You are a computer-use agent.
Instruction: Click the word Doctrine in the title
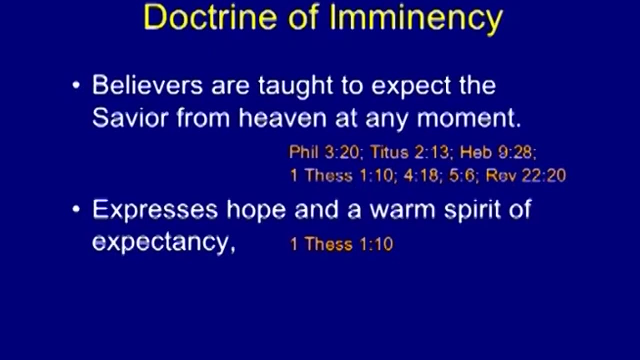tap(211, 17)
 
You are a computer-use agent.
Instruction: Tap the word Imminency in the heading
tap(416, 20)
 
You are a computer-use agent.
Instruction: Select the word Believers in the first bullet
tap(147, 85)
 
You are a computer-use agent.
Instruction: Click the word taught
tap(296, 86)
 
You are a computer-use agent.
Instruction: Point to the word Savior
tap(130, 117)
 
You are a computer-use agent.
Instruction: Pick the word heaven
tap(283, 117)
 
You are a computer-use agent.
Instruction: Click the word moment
tap(469, 118)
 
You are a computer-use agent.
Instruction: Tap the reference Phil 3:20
tap(324, 152)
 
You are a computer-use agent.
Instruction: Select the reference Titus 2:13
tap(409, 152)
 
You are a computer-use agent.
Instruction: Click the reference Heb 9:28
tap(496, 152)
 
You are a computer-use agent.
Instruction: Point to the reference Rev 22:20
tap(526, 175)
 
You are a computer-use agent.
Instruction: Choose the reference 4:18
tap(421, 175)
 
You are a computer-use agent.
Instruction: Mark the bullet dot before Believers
tap(76, 85)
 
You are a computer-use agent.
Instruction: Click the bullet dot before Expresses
tap(76, 210)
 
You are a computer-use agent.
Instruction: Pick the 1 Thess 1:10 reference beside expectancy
tap(341, 244)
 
